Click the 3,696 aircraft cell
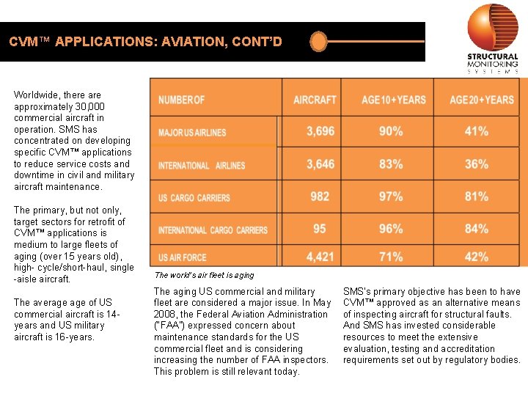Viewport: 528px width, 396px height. point(320,131)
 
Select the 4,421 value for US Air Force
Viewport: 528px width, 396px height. point(320,257)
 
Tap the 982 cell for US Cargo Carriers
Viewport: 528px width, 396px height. point(320,197)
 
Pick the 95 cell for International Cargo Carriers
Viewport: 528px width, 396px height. point(320,229)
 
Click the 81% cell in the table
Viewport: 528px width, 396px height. point(477,197)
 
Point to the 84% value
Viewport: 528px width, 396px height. point(477,229)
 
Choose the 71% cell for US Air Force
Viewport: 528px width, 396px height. point(391,257)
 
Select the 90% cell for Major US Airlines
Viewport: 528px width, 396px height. point(391,131)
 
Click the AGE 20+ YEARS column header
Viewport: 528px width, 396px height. point(482,100)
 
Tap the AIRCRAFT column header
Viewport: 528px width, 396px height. point(315,100)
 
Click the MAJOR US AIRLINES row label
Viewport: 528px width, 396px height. point(192,133)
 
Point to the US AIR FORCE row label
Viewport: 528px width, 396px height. point(183,257)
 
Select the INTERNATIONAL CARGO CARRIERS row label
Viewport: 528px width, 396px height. point(213,230)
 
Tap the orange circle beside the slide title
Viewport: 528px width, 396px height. point(318,41)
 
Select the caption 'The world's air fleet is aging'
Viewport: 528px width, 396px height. point(204,275)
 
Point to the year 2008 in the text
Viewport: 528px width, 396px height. point(165,314)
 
